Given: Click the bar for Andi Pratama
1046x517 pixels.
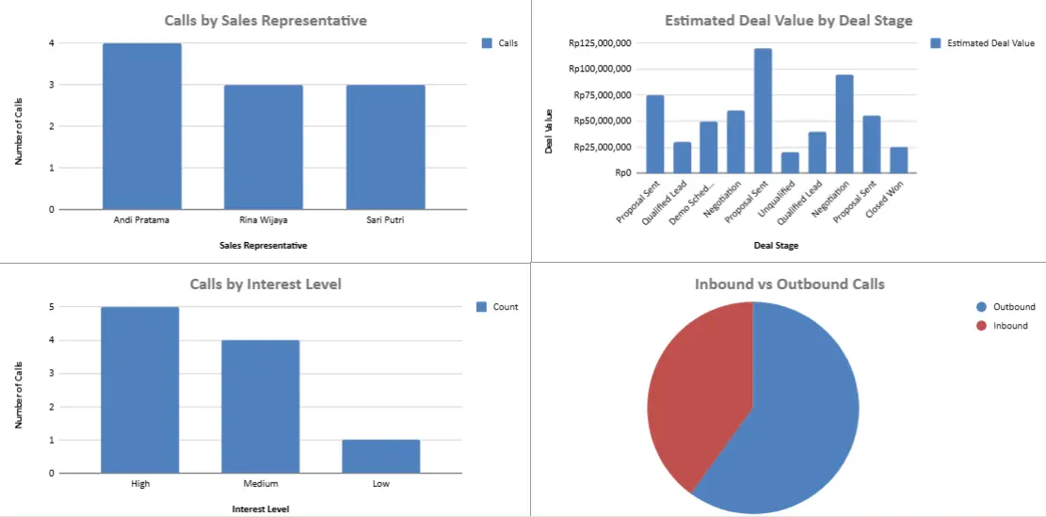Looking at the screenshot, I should pos(142,126).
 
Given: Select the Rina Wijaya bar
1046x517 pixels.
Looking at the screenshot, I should pos(264,147).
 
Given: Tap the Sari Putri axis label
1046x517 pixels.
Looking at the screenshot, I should pos(385,220).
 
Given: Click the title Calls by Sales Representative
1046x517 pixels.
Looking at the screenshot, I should pos(266,20).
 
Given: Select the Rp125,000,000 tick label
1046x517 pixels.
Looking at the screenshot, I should pos(600,42).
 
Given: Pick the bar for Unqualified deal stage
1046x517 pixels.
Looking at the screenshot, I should pos(790,163).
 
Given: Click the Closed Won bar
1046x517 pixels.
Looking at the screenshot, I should pos(899,160).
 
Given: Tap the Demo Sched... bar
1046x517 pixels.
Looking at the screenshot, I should pos(709,147).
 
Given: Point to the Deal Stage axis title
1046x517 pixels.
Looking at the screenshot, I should pos(777,246).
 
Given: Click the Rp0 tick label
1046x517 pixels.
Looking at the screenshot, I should pos(622,172).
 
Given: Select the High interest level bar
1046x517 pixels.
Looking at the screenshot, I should pos(140,390).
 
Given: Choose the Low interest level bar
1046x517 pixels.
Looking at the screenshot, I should pos(380,456).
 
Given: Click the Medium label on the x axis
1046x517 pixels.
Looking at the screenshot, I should pos(261,484).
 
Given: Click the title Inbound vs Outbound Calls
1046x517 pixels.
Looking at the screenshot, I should pos(789,283).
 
